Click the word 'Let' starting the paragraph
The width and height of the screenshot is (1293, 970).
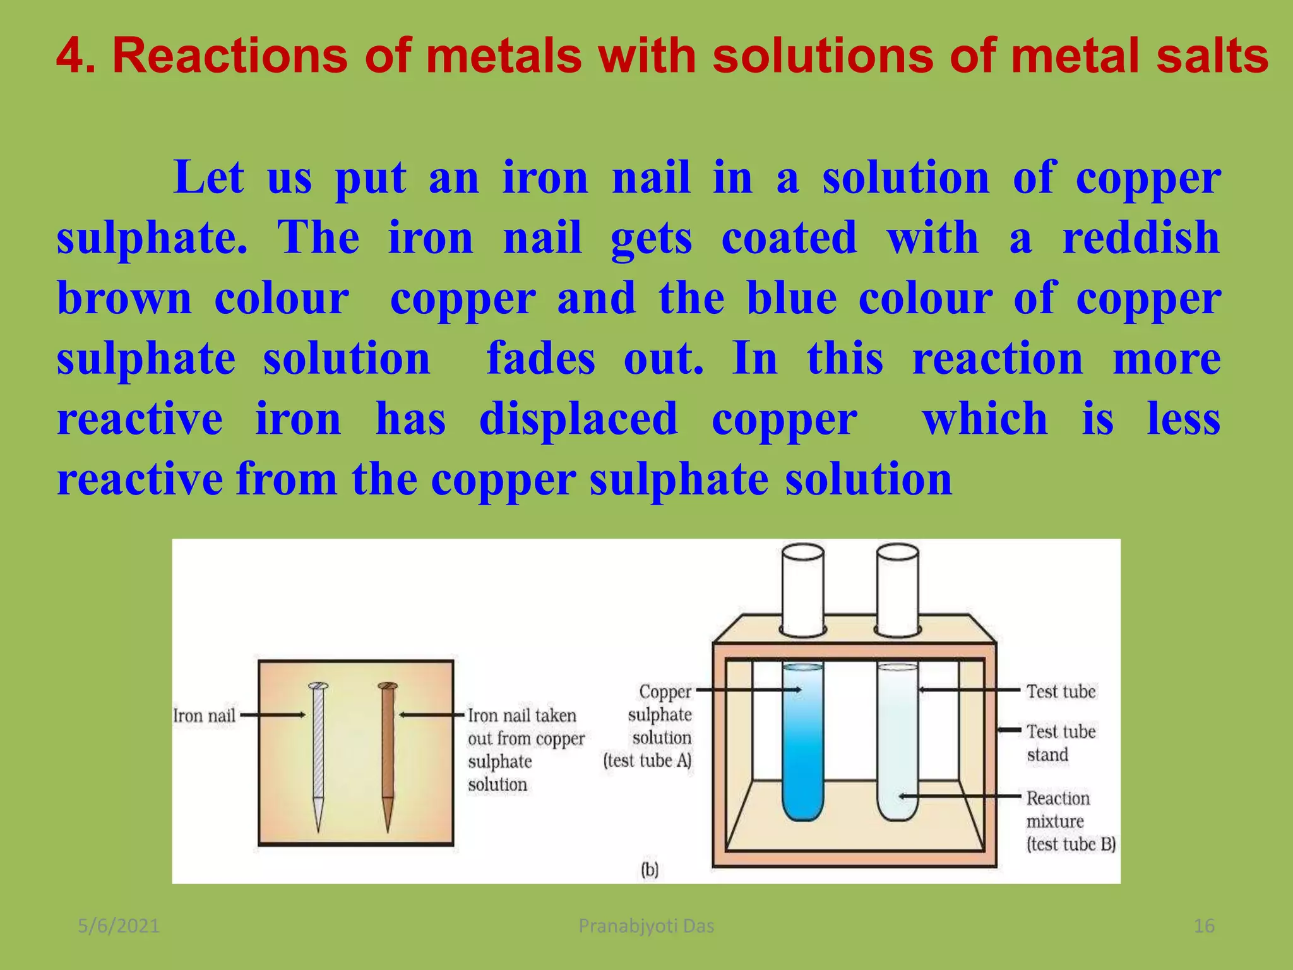(208, 177)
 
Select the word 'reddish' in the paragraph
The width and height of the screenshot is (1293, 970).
(1141, 238)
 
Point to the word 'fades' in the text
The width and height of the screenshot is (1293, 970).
(540, 359)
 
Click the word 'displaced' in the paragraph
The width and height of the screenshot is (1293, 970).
(578, 419)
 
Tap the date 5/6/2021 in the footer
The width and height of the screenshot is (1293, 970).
(119, 926)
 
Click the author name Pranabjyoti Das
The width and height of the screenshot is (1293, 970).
(646, 926)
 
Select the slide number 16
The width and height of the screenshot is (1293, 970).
(1204, 926)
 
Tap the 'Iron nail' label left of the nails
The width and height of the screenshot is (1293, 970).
(204, 716)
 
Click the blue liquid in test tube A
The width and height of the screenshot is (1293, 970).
(802, 751)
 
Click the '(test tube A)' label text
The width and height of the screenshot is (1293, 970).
(647, 760)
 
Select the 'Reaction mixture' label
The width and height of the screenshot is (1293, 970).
(1058, 810)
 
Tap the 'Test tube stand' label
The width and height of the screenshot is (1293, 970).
(1061, 743)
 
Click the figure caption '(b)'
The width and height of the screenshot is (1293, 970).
(650, 870)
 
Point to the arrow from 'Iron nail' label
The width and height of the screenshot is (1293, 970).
(273, 716)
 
